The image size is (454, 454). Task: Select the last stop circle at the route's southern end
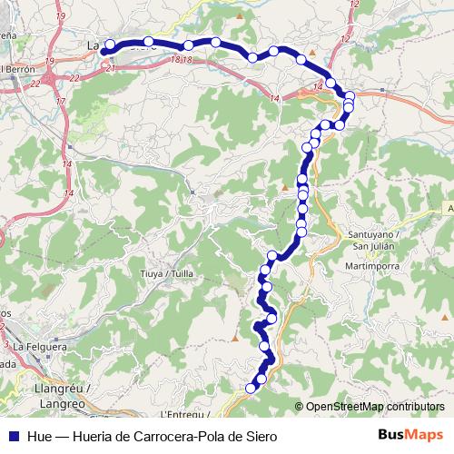[252, 389]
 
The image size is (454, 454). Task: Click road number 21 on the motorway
[110, 68]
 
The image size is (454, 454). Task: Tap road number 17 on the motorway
[61, 101]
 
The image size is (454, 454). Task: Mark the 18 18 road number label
[181, 59]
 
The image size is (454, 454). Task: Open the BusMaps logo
[410, 434]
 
